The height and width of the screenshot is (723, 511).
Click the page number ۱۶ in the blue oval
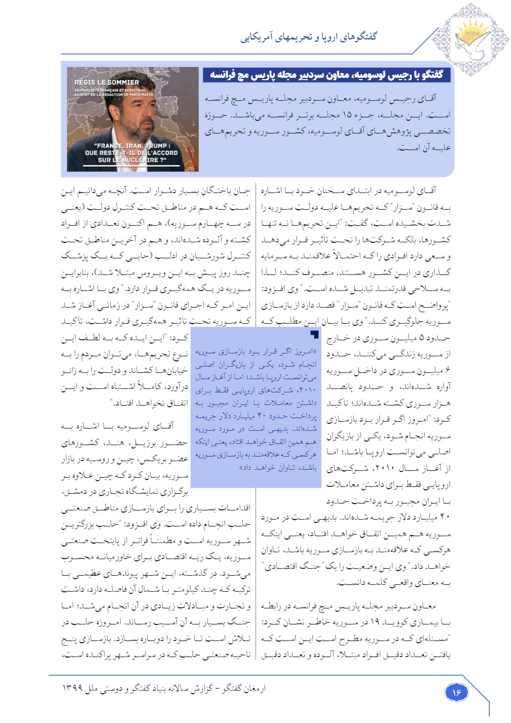point(457,691)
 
